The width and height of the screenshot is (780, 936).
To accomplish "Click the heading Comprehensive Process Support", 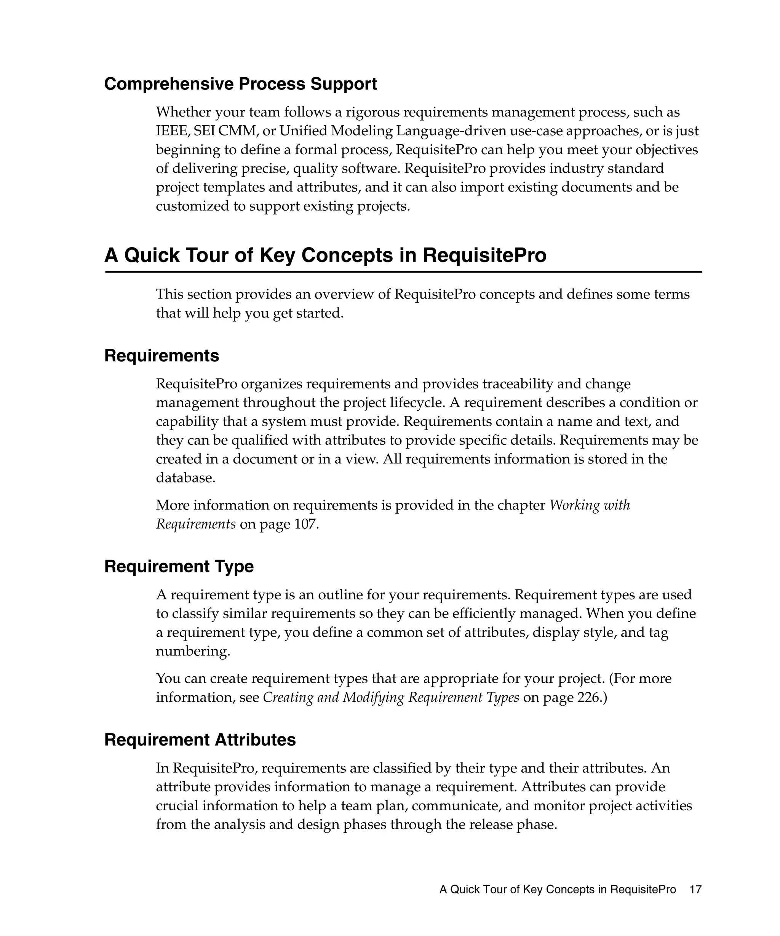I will [x=240, y=84].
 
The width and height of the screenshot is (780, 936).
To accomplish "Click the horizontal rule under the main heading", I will [x=403, y=272].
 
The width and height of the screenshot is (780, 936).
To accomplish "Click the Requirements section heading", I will [x=161, y=356].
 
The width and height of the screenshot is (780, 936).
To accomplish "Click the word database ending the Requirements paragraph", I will [x=185, y=478].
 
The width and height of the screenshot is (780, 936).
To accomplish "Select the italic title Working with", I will [x=589, y=505].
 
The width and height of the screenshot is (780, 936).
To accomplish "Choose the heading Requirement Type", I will [x=179, y=567].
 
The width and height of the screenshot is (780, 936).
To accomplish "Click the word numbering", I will [x=193, y=651].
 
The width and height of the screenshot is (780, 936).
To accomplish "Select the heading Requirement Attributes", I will [x=200, y=740].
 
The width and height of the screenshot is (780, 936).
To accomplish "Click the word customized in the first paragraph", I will [x=192, y=206].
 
